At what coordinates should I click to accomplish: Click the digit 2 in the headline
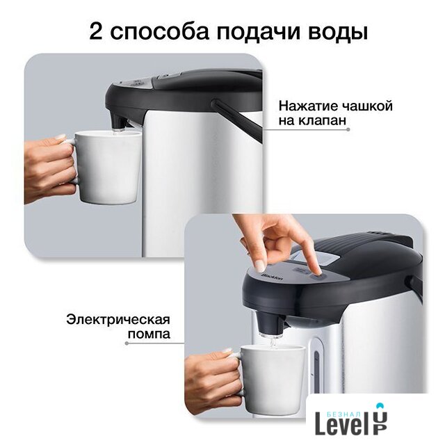point(96,31)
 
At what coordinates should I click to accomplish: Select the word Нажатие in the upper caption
point(307,106)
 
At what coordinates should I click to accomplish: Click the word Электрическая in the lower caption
point(118,319)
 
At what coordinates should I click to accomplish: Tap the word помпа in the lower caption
point(149,334)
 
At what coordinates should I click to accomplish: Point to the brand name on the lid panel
point(272,277)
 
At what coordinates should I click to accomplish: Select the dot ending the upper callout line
point(348,129)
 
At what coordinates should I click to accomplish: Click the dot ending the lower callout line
point(127,343)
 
